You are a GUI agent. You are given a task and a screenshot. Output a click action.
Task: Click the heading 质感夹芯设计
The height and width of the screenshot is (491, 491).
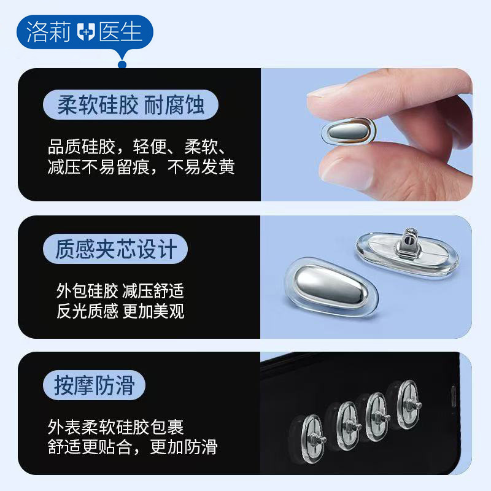[x=116, y=249]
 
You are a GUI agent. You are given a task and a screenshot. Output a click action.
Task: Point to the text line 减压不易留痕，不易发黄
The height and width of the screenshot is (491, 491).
[x=141, y=167]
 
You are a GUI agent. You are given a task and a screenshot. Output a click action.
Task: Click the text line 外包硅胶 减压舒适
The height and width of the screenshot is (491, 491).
[x=120, y=290]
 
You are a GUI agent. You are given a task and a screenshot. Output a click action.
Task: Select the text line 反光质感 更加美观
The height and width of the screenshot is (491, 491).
[x=120, y=311]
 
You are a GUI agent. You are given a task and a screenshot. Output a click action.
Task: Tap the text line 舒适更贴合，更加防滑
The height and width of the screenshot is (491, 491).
[x=133, y=447]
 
